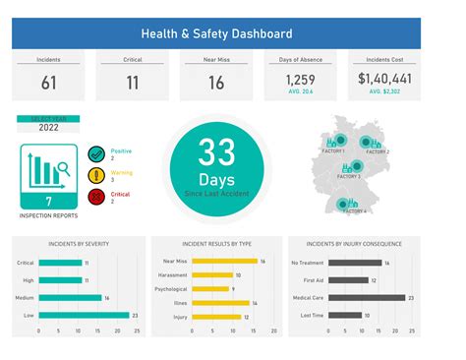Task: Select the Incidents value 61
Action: pos(48,83)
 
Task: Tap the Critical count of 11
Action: pos(131,83)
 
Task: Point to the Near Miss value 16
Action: pos(214,83)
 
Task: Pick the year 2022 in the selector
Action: pos(48,127)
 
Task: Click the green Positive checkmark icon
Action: pos(96,153)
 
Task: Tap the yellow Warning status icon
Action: pos(96,176)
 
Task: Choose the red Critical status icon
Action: pos(96,197)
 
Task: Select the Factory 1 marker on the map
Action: pos(337,141)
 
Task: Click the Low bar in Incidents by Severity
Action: pos(83,315)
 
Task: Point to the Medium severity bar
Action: pos(70,297)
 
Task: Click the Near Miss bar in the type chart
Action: pos(223,262)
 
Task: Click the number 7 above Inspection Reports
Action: pos(48,201)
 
